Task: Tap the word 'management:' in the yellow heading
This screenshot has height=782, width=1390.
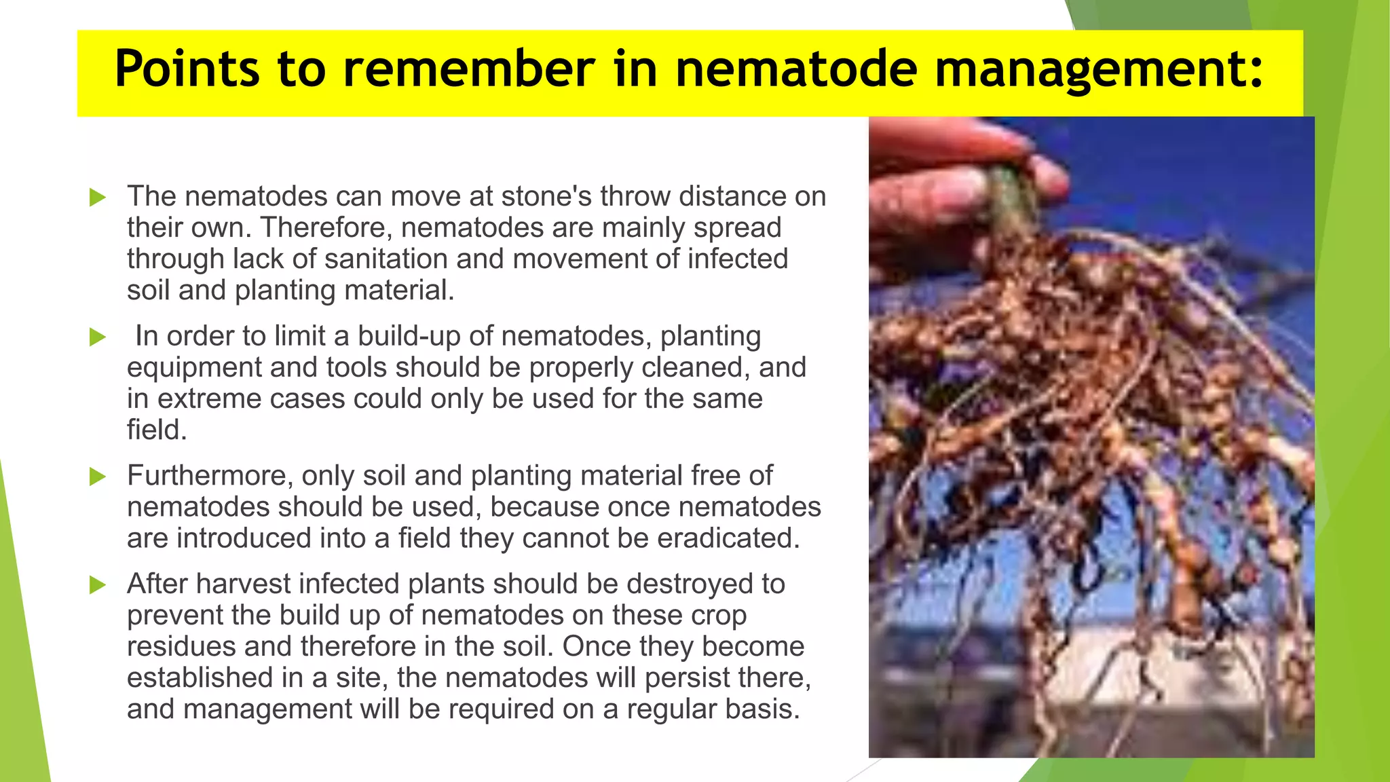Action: point(1099,69)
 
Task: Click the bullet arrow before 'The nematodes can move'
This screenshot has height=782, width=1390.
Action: point(98,198)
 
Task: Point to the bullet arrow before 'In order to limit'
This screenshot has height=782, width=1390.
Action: point(98,337)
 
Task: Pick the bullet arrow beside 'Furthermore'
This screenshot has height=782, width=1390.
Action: point(98,477)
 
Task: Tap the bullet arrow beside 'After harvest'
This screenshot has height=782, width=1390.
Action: point(98,584)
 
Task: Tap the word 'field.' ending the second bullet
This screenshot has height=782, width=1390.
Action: point(157,430)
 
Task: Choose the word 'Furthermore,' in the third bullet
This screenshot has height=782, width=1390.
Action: point(210,476)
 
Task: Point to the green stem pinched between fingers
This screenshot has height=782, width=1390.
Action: point(1011,197)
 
